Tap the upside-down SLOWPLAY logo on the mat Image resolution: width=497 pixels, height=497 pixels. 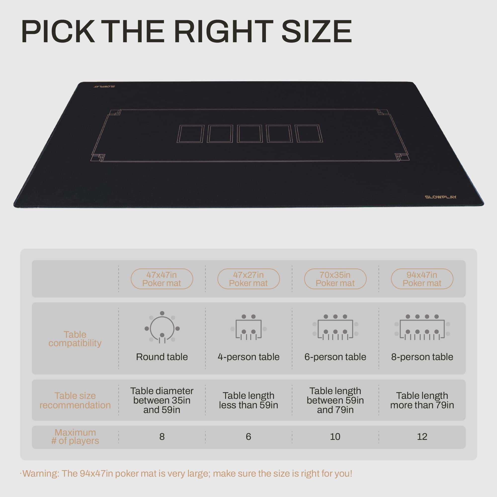click(x=104, y=86)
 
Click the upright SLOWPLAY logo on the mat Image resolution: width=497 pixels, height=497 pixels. click(x=441, y=197)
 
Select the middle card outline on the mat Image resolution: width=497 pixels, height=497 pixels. click(x=249, y=133)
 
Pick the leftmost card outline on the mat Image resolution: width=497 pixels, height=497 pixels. click(x=191, y=134)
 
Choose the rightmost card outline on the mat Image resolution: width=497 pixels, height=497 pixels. click(x=309, y=133)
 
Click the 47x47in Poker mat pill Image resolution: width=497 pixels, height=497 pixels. click(x=162, y=279)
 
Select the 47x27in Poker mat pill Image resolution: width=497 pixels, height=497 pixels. click(x=248, y=279)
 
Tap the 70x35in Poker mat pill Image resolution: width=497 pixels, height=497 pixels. click(x=335, y=279)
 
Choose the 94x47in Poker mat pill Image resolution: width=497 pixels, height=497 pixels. click(x=422, y=279)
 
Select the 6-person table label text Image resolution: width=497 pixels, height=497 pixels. click(x=335, y=357)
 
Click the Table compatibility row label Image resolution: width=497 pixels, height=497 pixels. click(x=75, y=339)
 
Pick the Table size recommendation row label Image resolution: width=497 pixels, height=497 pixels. click(x=75, y=400)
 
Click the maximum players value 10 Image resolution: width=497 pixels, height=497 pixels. click(x=335, y=437)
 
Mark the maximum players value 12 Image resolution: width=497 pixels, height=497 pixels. click(x=422, y=437)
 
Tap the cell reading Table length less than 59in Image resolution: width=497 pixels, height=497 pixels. click(x=248, y=400)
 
